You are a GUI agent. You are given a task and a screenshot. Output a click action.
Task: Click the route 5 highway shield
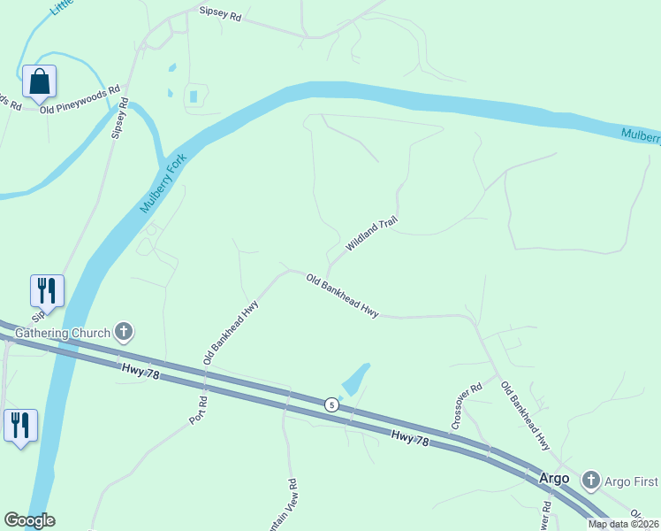click(x=331, y=404)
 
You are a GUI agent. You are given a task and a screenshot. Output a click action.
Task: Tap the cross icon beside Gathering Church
click(x=124, y=333)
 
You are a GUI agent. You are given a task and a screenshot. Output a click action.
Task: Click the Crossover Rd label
click(x=466, y=406)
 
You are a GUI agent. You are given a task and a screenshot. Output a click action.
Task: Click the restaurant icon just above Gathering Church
click(x=47, y=290)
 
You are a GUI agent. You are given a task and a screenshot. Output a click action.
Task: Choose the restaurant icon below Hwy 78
click(x=19, y=425)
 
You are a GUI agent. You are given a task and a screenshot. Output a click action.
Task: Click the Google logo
click(x=29, y=520)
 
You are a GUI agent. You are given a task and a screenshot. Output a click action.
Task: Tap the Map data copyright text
click(x=624, y=524)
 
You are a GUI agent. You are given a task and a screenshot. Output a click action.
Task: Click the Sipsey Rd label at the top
click(x=220, y=15)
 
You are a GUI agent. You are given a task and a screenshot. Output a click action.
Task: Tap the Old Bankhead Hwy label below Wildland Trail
click(x=342, y=296)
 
